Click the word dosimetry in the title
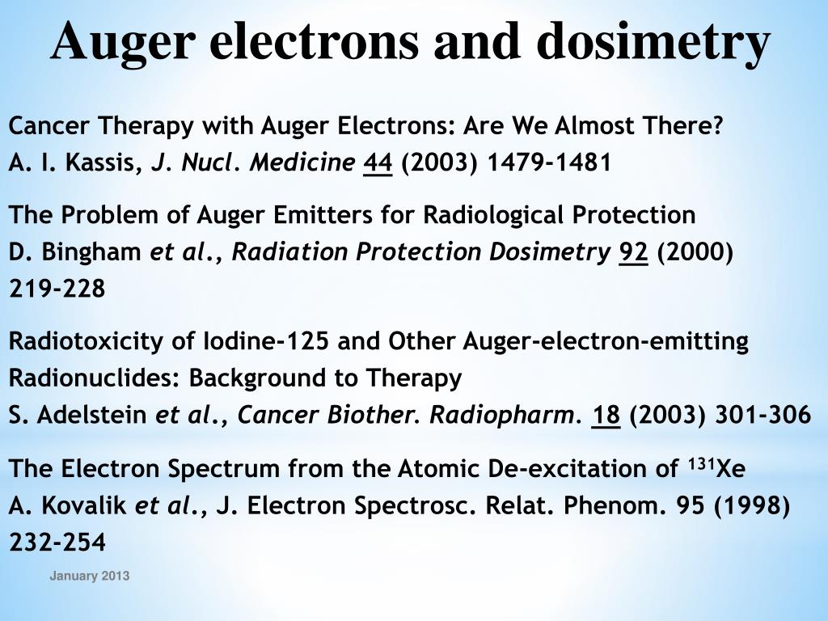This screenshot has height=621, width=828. (653, 42)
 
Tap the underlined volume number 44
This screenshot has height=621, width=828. (378, 163)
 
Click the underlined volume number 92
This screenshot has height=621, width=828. (633, 252)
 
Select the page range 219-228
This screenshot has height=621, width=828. (57, 289)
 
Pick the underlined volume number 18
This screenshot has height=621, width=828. (606, 416)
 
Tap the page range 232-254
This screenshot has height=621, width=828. (57, 543)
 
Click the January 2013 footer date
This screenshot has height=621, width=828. (89, 576)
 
